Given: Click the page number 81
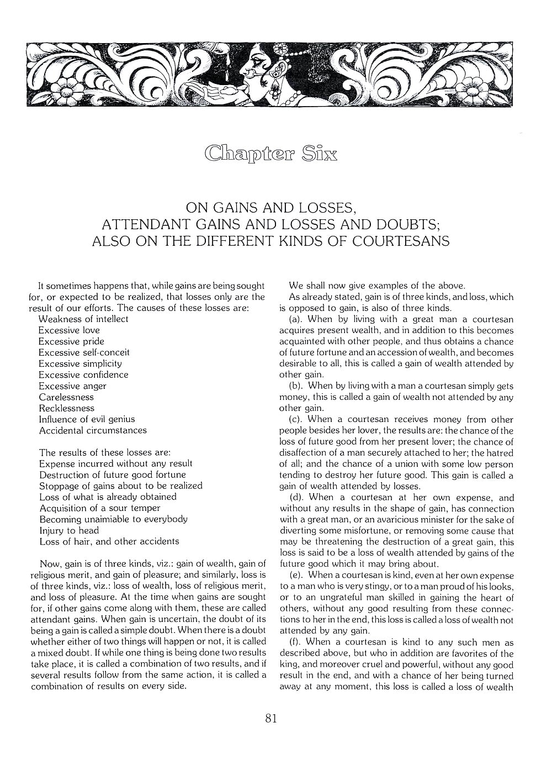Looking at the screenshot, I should [x=270, y=718].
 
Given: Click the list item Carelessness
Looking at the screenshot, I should [x=66, y=397].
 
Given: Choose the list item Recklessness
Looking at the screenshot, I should [x=66, y=408].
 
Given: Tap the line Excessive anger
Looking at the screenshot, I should [x=72, y=386].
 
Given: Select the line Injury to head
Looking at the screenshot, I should [x=69, y=530].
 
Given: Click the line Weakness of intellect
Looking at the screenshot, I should [x=83, y=319].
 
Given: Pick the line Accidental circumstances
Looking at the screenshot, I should [x=93, y=430].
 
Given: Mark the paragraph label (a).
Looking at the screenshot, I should [x=295, y=319].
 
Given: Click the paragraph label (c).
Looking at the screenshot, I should [x=295, y=419].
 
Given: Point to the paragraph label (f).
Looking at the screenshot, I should [x=294, y=642].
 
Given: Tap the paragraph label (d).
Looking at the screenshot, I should [x=295, y=497].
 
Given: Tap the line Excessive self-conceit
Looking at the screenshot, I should [x=84, y=352].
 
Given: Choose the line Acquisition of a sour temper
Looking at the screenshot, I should [x=99, y=508].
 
